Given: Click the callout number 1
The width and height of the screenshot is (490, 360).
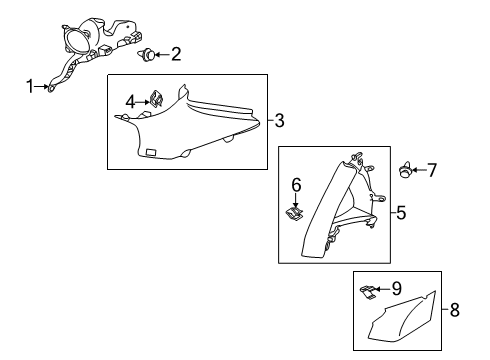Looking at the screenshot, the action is tap(30, 86).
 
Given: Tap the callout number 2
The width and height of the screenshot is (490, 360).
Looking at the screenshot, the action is tap(176, 54).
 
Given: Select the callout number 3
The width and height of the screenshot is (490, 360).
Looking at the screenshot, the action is tap(279, 120).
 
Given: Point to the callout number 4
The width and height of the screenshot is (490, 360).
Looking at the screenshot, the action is tap(130, 102).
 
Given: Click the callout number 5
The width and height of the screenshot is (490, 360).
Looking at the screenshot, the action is tap(401, 212).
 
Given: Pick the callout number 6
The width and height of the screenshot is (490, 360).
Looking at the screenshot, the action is tap(296, 185).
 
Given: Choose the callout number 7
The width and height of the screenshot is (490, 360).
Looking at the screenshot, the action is tap(432, 170).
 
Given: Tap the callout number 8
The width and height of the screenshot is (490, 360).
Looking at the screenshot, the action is tap(455, 310).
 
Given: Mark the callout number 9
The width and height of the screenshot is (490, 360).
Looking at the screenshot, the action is tap(396, 288).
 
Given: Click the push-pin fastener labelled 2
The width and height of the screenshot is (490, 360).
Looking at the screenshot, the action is tap(147, 55).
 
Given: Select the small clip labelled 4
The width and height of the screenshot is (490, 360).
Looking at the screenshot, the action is tap(157, 99).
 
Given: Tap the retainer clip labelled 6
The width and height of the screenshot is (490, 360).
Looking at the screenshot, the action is tap(295, 213).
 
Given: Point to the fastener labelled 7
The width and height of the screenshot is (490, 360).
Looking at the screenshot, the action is tap(405, 170).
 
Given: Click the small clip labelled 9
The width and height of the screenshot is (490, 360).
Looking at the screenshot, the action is tap(368, 292).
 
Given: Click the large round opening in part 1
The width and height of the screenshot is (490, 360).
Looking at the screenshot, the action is tap(78, 41).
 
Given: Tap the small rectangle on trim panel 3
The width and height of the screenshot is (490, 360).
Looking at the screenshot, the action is tap(151, 152).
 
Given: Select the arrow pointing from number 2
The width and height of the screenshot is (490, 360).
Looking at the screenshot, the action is tap(162, 54).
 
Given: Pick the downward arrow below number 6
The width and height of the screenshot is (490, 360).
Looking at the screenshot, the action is tap(296, 201).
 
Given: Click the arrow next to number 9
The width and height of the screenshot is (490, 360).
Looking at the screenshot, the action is tap(382, 289).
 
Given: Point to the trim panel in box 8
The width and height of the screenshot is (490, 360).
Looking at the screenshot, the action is tap(402, 317).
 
